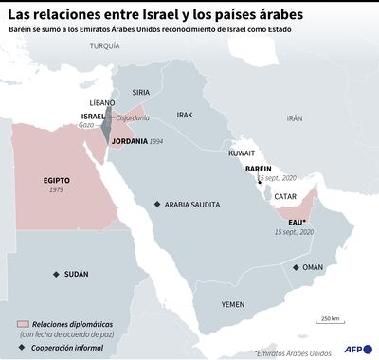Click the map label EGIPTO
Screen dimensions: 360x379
coord(57,180)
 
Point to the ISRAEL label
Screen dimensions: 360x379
coord(93,117)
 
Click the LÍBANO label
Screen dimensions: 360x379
coord(102,101)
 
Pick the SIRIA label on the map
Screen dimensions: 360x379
coord(140,92)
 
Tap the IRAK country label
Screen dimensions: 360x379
coord(185,115)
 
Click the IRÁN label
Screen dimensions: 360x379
coord(295,119)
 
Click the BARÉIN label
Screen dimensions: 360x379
coord(258,168)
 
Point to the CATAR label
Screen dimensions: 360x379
coord(284,196)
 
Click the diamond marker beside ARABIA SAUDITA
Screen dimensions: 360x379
coord(157,205)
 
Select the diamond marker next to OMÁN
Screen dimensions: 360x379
coord(296,268)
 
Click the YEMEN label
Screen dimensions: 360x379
coord(232,305)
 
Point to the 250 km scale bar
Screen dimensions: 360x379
coord(330,324)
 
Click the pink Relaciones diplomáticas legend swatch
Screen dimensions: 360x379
coord(24,324)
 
